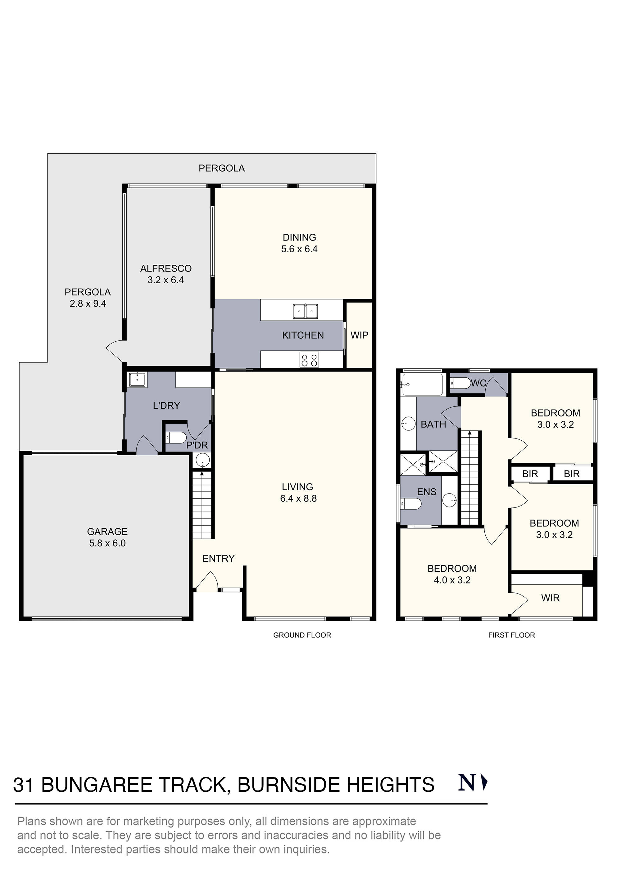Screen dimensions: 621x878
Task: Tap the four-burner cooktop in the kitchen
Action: [309, 360]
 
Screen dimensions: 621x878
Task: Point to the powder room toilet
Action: [176, 438]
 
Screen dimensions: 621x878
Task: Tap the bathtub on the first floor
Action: [422, 385]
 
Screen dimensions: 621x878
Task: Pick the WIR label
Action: [550, 598]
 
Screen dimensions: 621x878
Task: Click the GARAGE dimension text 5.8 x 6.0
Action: [107, 543]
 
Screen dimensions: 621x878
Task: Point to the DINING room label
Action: [300, 237]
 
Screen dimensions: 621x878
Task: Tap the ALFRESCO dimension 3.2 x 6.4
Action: [166, 280]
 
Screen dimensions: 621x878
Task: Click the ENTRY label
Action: [219, 559]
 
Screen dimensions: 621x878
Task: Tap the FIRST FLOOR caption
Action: [512, 635]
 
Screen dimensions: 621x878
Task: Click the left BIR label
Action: [530, 474]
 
